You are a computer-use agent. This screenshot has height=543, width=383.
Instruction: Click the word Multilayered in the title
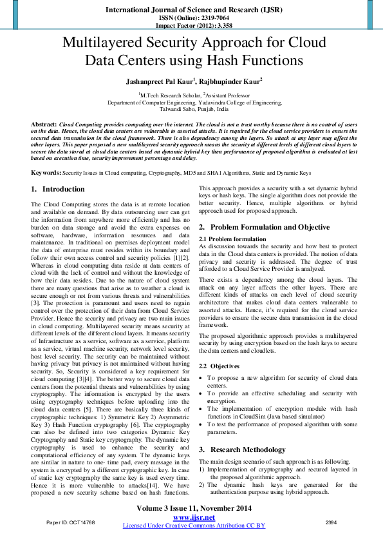tap(103, 44)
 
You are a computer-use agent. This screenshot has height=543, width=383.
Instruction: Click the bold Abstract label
tap(43, 123)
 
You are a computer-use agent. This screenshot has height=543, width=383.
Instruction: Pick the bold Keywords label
tap(46, 173)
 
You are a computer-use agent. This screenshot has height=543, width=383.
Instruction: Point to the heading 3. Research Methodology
tap(242, 449)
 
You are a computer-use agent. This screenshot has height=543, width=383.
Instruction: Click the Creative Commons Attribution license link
tap(194, 525)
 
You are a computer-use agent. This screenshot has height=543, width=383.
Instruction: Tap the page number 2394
tap(332, 521)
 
